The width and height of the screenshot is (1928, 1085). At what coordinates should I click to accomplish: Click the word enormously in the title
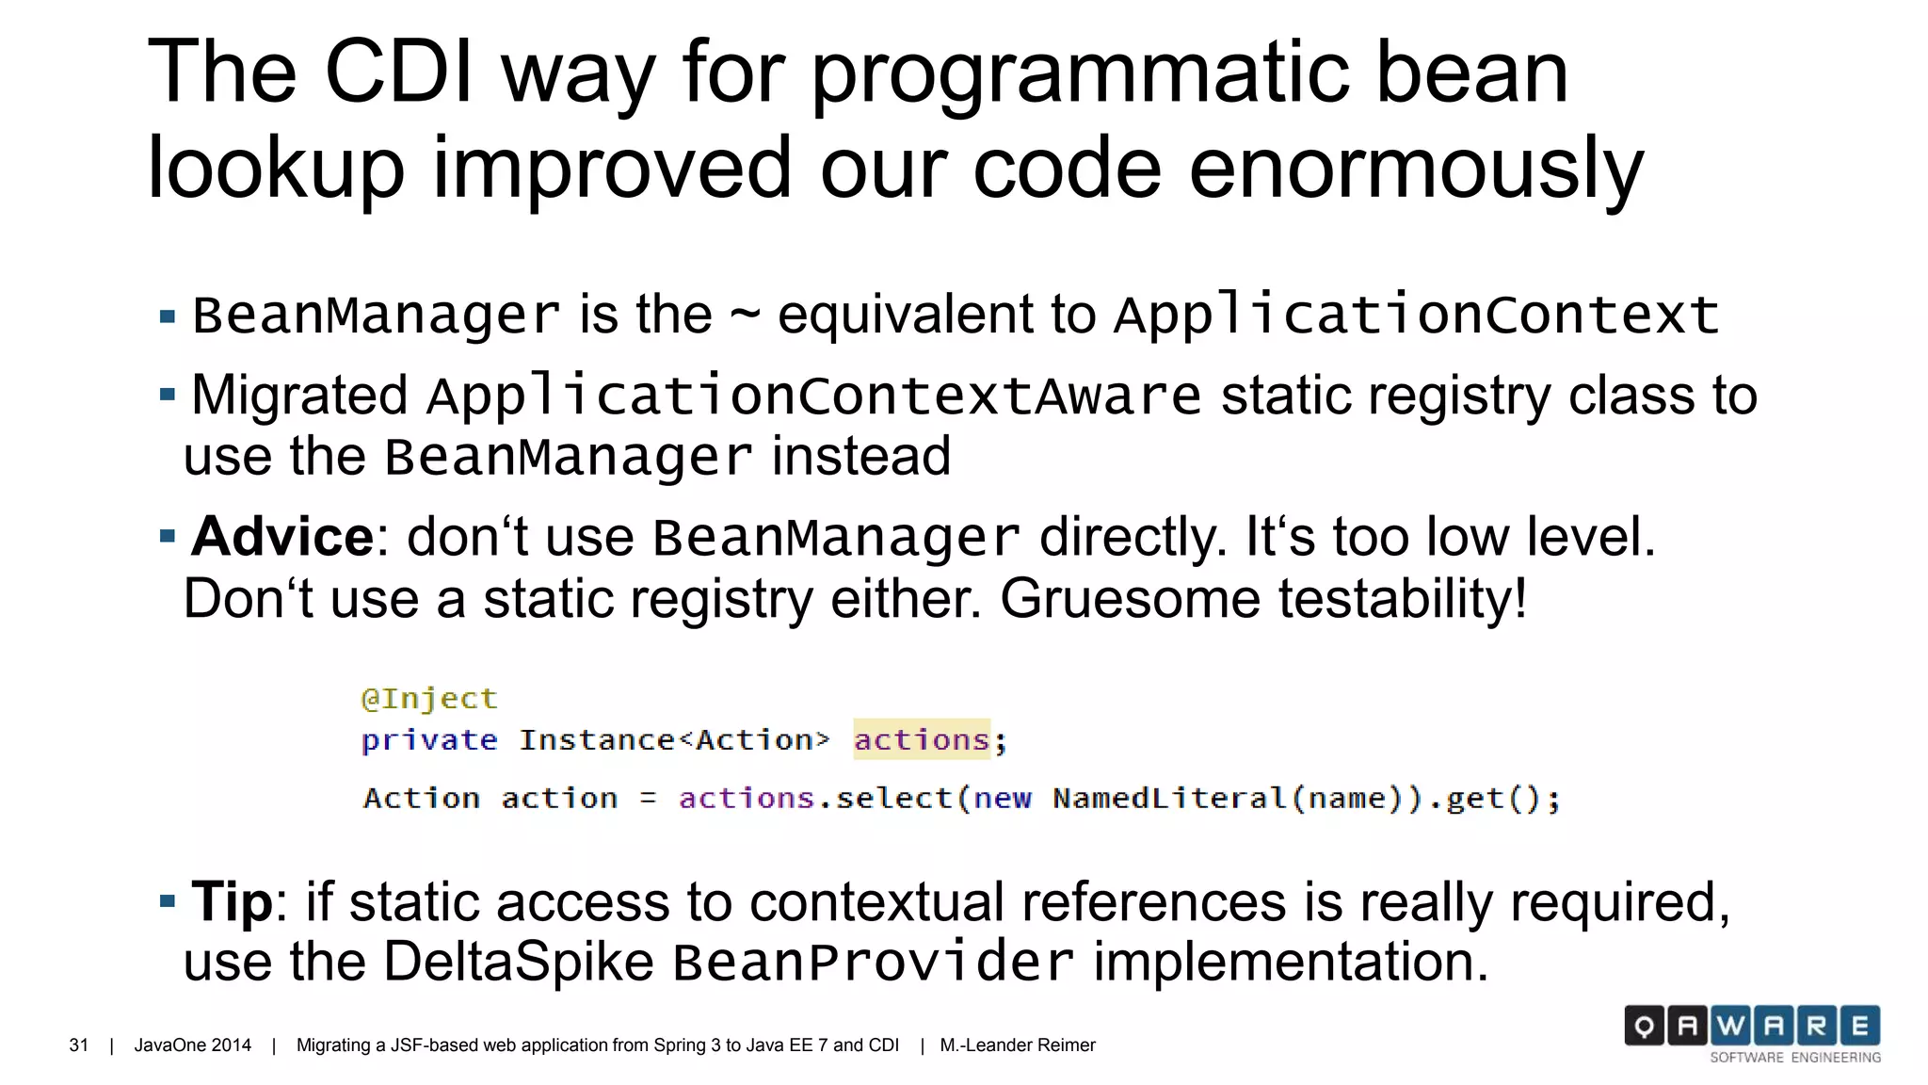tap(1416, 168)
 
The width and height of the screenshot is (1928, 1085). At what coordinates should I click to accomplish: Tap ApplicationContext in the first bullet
tap(1416, 315)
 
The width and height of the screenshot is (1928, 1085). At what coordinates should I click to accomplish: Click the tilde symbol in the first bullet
tap(745, 315)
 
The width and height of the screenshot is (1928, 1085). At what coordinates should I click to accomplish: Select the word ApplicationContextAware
tap(813, 396)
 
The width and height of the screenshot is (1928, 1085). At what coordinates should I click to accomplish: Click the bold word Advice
tap(282, 537)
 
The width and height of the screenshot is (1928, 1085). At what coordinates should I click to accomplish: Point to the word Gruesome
tap(1129, 599)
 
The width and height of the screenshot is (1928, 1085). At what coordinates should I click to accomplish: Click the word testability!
tap(1402, 599)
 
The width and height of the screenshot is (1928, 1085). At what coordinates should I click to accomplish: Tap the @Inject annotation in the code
tap(429, 699)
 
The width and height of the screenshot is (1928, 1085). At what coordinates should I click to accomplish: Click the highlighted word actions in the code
tap(922, 740)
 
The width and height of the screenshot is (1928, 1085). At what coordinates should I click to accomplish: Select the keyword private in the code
tap(429, 740)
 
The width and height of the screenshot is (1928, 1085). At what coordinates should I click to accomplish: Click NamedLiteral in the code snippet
tap(1169, 799)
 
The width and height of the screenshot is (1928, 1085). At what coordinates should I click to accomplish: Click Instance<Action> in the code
tap(674, 740)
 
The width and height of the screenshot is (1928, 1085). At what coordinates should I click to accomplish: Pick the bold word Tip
tap(232, 901)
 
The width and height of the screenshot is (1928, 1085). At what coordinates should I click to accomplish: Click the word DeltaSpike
tap(519, 962)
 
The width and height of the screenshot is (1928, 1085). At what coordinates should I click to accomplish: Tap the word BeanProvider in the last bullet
tap(873, 963)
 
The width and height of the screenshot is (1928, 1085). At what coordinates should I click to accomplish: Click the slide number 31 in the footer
tap(79, 1045)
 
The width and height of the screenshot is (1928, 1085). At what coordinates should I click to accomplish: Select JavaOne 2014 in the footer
tap(193, 1045)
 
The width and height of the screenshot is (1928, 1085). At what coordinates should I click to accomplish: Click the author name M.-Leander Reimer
tap(1018, 1045)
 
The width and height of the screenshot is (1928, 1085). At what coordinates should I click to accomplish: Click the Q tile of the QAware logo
tap(1644, 1026)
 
